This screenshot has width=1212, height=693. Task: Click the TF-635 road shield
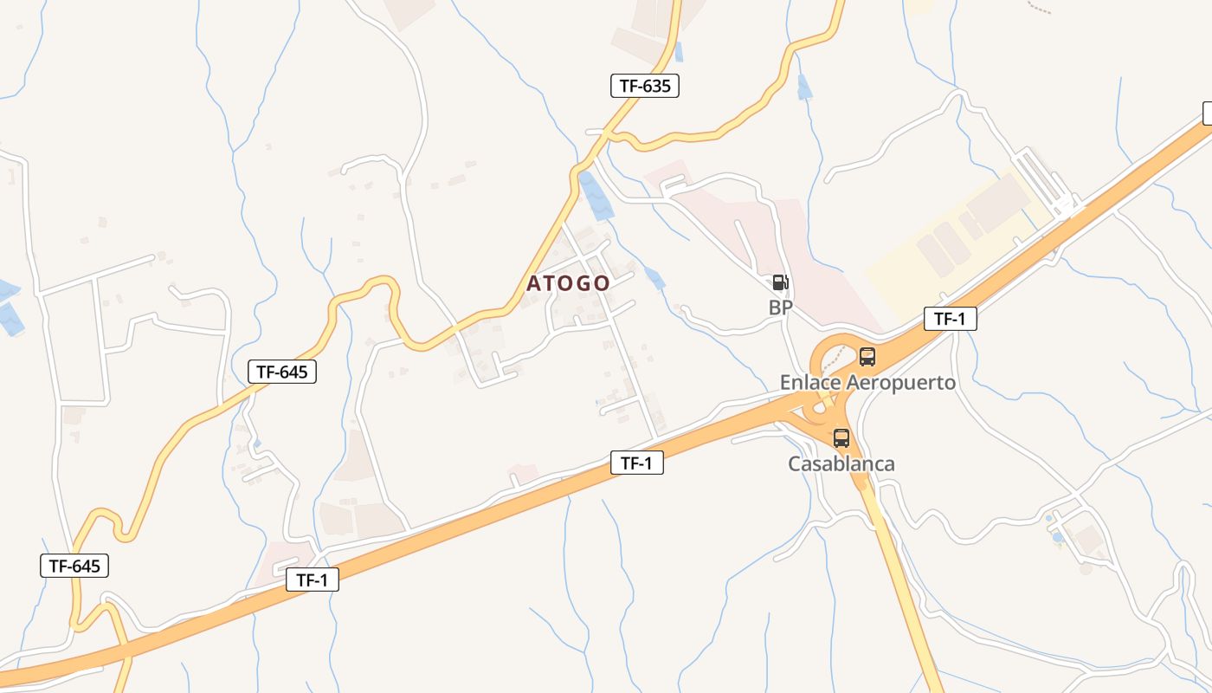[x=644, y=86]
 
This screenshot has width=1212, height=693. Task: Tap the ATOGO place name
[x=568, y=283]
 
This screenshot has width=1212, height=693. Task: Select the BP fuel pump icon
[x=780, y=282]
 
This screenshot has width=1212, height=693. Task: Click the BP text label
[x=781, y=307]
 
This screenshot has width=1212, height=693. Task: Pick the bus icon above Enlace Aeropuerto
[x=867, y=356]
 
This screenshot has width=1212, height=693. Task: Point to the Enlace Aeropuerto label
[x=867, y=382]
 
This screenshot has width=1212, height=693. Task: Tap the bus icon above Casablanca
[x=841, y=437]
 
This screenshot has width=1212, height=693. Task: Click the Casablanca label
[x=841, y=463]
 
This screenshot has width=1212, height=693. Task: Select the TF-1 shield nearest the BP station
[x=950, y=319]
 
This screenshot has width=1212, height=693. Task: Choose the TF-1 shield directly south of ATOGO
[x=636, y=463]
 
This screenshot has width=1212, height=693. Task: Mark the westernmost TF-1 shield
[x=312, y=580]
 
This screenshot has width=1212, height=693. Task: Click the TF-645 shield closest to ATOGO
[x=282, y=372]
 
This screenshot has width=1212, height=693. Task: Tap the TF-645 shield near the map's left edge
[x=74, y=566]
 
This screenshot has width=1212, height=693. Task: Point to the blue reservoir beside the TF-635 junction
[x=596, y=195]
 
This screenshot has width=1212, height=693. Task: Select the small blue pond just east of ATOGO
[x=655, y=278]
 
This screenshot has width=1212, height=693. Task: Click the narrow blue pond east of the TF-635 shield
[x=804, y=87]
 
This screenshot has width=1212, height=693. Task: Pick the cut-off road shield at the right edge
[x=1207, y=113]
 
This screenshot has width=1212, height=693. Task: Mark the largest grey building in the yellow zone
[x=997, y=203]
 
